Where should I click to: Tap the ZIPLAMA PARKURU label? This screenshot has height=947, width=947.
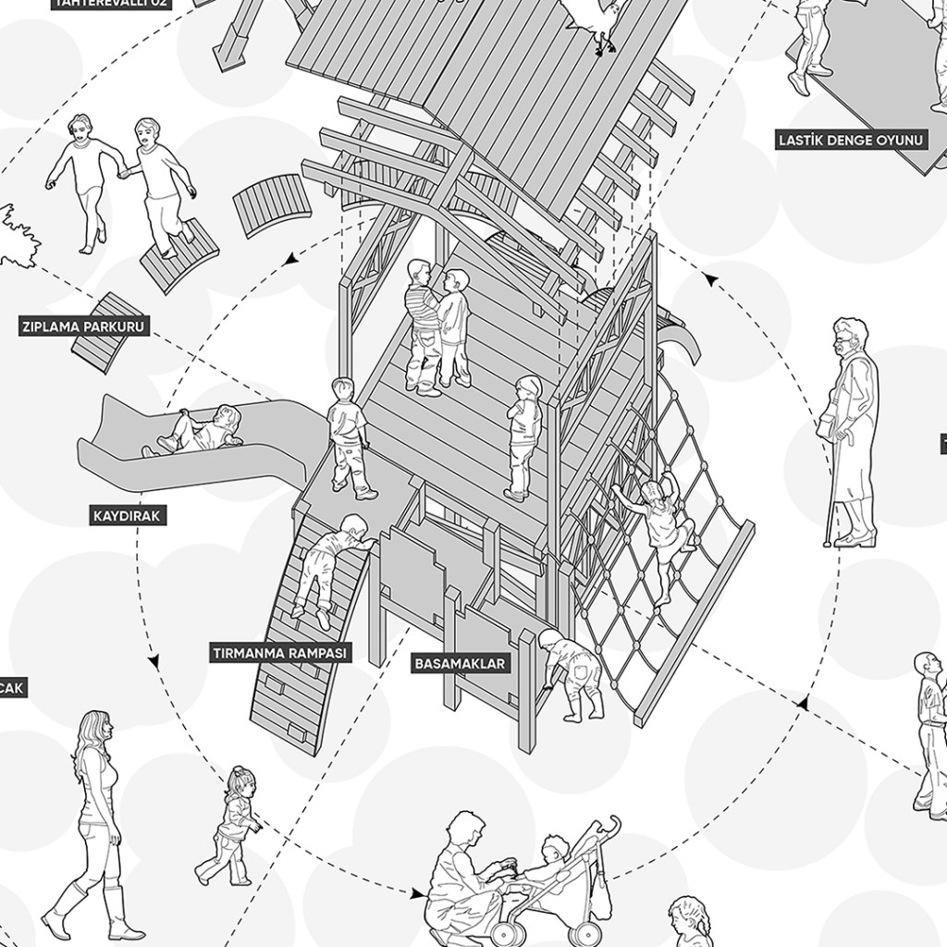click(84, 326)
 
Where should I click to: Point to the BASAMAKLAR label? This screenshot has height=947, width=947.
click(460, 663)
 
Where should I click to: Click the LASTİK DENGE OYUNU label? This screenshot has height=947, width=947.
click(838, 141)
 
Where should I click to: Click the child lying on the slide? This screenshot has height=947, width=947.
click(198, 431)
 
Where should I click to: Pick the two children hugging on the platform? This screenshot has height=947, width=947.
click(436, 324)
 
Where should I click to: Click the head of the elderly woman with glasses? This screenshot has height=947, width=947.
click(850, 338)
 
